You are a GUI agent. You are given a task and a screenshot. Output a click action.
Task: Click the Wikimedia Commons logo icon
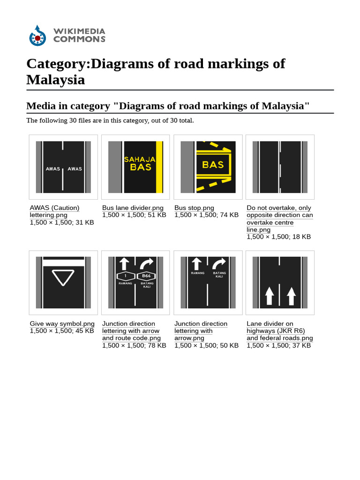(x=37, y=36)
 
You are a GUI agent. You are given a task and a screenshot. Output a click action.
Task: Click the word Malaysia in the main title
(x=55, y=80)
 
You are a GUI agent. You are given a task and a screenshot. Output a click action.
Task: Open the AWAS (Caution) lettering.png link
(x=54, y=208)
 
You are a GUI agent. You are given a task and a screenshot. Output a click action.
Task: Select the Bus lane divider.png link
(x=133, y=208)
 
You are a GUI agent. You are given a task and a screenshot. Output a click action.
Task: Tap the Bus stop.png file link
(x=194, y=208)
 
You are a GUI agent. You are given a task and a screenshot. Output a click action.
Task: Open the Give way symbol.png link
(x=62, y=324)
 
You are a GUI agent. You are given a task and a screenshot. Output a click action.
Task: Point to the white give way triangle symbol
(x=63, y=277)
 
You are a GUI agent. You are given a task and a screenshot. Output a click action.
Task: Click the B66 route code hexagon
(x=146, y=277)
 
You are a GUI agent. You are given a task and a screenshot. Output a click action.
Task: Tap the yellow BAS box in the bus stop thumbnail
(x=213, y=165)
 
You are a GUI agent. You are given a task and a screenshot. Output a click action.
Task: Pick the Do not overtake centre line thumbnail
(x=280, y=167)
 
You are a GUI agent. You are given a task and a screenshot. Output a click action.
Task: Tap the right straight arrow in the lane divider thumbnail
(x=291, y=296)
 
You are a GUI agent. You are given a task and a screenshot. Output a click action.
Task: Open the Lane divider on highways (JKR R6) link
(x=276, y=331)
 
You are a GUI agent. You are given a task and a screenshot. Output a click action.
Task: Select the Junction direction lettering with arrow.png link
(x=200, y=331)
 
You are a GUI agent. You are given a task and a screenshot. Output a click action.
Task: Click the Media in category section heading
(x=168, y=106)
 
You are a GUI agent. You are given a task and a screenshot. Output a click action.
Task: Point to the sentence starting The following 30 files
(x=110, y=120)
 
